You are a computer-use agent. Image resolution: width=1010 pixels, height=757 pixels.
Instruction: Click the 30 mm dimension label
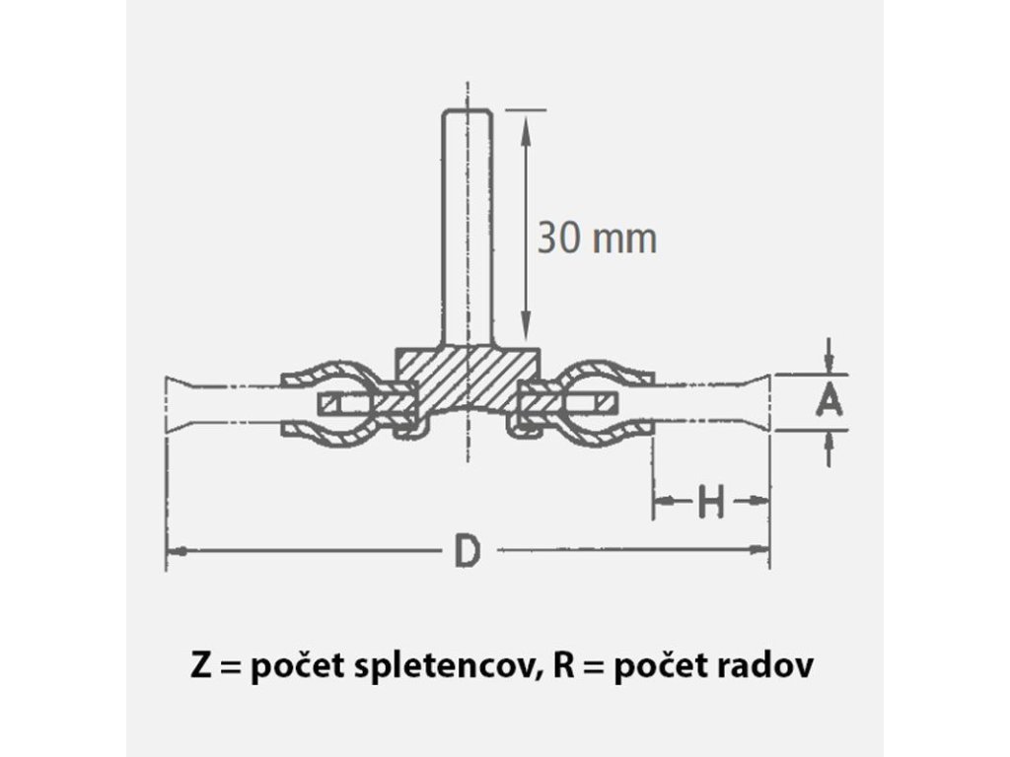(x=596, y=238)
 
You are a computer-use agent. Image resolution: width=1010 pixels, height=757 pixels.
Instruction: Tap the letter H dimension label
(x=710, y=504)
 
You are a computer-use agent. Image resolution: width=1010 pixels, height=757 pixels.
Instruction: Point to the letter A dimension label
(x=830, y=401)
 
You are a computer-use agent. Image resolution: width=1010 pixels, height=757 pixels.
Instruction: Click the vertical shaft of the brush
(x=468, y=227)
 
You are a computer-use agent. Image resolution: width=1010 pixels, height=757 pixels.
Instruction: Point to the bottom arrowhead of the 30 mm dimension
(x=527, y=335)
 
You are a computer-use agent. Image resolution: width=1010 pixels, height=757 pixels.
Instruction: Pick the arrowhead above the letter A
(x=830, y=363)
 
